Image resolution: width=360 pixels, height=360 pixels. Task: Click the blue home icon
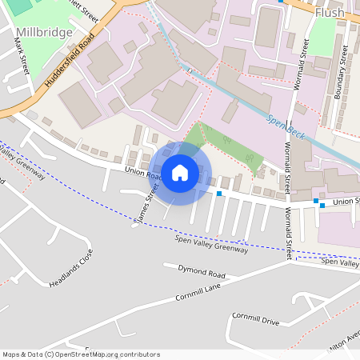click(x=180, y=172)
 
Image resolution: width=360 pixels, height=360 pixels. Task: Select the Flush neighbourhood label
click(x=329, y=14)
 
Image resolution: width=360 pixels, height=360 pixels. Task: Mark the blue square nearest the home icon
click(x=218, y=194)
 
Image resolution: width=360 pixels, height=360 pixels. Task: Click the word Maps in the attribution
click(x=12, y=354)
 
